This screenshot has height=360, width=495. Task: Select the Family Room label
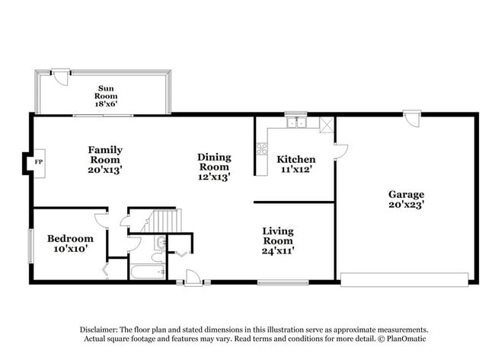105,160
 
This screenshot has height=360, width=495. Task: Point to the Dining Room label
214,167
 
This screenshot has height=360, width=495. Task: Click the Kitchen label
295,164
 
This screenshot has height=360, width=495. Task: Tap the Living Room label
278,240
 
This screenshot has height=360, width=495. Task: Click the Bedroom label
70,244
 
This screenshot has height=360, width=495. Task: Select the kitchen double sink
296,123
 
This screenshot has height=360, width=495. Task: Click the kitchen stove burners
262,150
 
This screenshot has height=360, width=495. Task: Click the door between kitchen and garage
340,151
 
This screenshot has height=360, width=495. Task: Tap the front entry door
193,279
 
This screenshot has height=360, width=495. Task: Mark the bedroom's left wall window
31,245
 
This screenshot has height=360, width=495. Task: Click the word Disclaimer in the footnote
102,330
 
